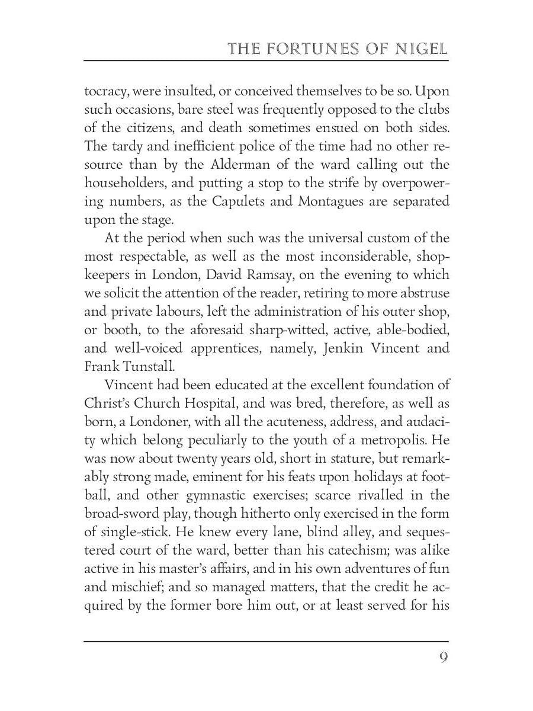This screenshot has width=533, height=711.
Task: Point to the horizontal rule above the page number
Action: click(x=266, y=641)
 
